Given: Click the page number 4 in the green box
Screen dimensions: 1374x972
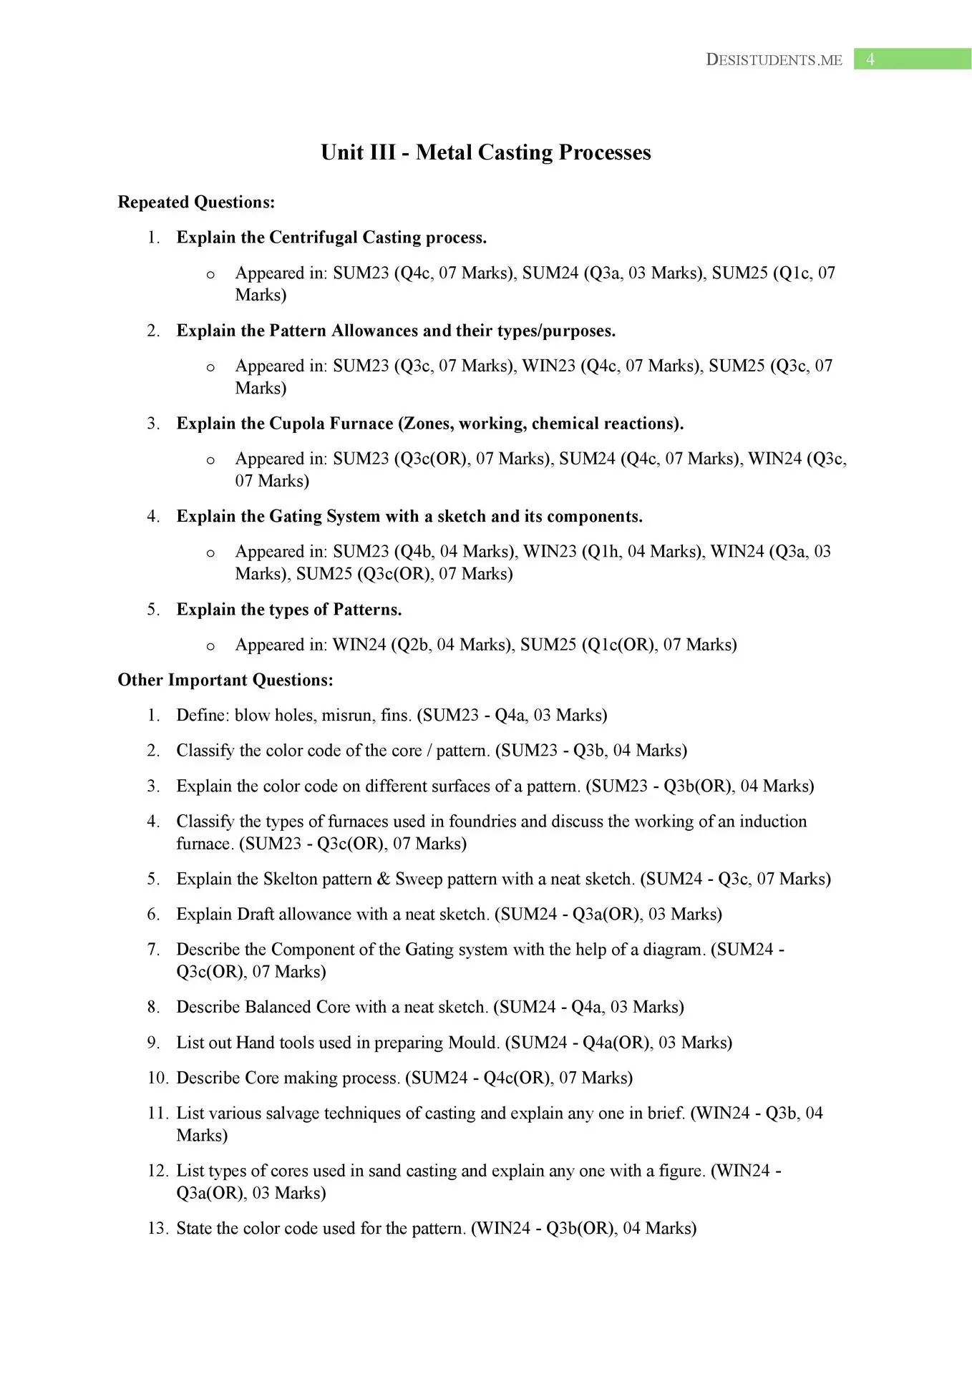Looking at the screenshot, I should tap(870, 59).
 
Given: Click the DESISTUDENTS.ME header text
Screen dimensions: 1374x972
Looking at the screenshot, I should tap(774, 60).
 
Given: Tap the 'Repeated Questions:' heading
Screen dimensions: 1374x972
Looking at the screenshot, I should tap(196, 203).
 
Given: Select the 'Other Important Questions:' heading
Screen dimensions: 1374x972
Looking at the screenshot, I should tap(225, 680).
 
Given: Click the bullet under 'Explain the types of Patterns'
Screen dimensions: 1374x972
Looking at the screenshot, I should tap(210, 646).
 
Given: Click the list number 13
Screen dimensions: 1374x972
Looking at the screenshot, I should tap(157, 1229).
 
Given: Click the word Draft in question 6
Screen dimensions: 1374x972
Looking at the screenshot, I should tap(255, 915).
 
